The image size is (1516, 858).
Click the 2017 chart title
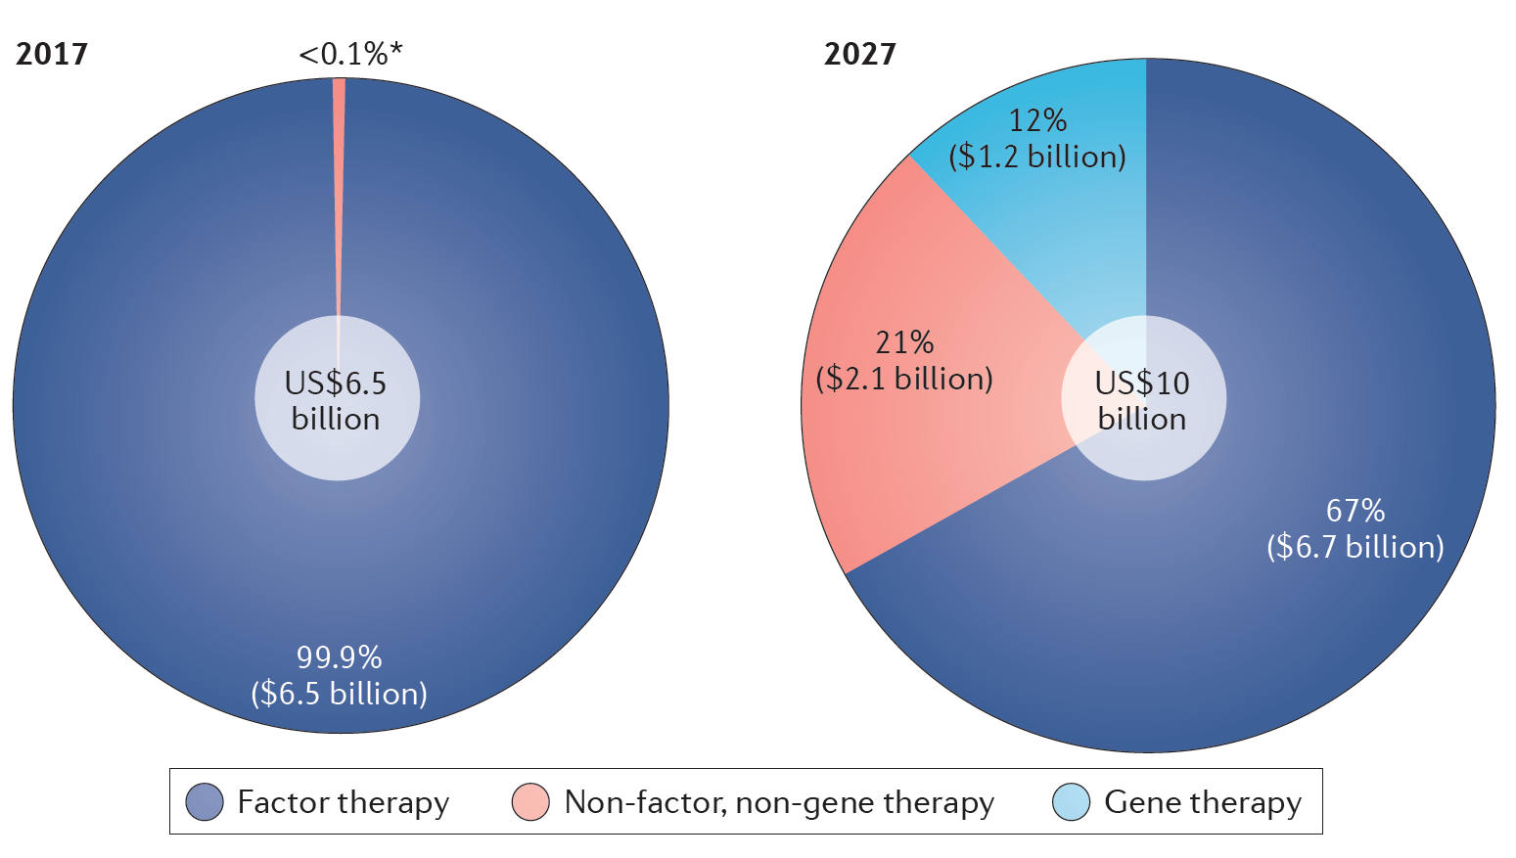point(52,54)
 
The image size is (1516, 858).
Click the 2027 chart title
point(859,54)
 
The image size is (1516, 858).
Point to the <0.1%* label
point(350,55)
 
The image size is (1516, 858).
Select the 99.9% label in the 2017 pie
point(339,656)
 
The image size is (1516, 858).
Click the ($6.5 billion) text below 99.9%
point(339,694)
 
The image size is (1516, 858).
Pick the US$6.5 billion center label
point(336,400)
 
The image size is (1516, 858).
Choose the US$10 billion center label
point(1142,400)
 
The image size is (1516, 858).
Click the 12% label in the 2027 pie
point(1037,120)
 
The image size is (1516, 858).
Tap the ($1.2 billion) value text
point(1037,157)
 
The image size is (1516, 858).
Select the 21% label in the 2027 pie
point(904,342)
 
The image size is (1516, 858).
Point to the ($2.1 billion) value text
point(904,379)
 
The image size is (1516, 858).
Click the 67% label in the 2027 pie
point(1355,510)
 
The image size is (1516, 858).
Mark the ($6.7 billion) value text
point(1355,547)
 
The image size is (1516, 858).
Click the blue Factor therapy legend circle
point(205,802)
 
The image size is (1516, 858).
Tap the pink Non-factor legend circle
point(530,802)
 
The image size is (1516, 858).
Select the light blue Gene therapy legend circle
point(1071,802)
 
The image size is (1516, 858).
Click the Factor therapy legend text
point(344,802)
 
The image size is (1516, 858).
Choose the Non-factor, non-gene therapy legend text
point(779,802)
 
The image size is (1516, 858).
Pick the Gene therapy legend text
point(1203,802)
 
